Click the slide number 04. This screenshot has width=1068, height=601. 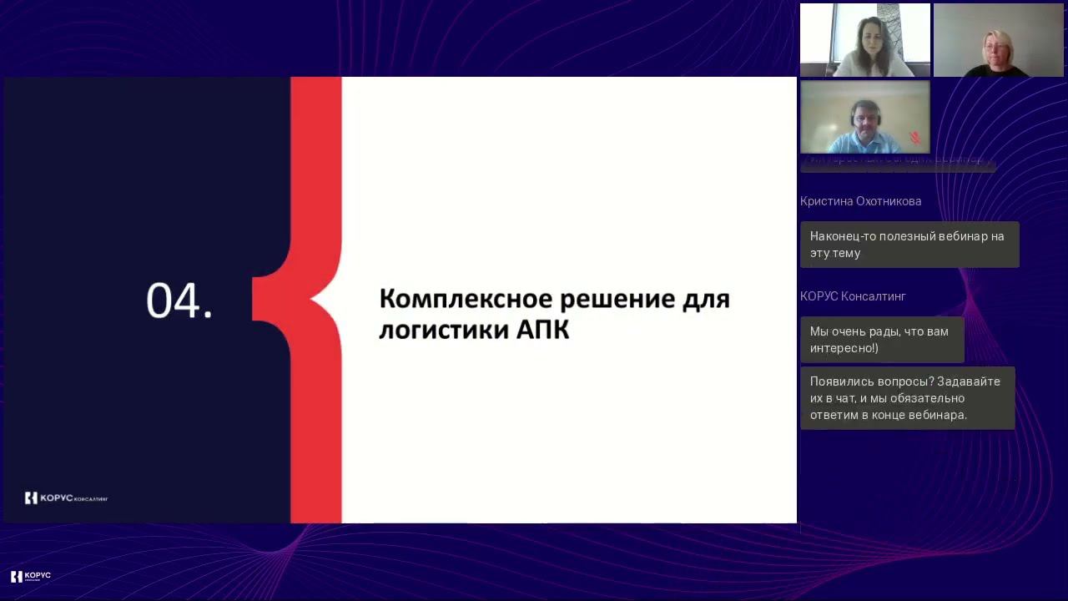(179, 300)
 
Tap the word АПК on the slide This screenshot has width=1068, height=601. (542, 330)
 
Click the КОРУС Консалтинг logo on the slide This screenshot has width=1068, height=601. (66, 498)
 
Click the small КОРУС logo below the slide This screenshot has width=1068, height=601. (31, 576)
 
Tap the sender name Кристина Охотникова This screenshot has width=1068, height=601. (860, 201)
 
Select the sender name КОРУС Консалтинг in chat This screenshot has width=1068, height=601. (853, 296)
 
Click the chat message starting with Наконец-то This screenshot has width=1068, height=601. (909, 245)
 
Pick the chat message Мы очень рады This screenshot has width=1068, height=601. (881, 340)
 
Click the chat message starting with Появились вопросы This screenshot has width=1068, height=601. (907, 398)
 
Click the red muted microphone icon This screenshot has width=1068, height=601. (915, 138)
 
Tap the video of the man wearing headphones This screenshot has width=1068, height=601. (864, 117)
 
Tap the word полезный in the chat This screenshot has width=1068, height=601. (903, 236)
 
